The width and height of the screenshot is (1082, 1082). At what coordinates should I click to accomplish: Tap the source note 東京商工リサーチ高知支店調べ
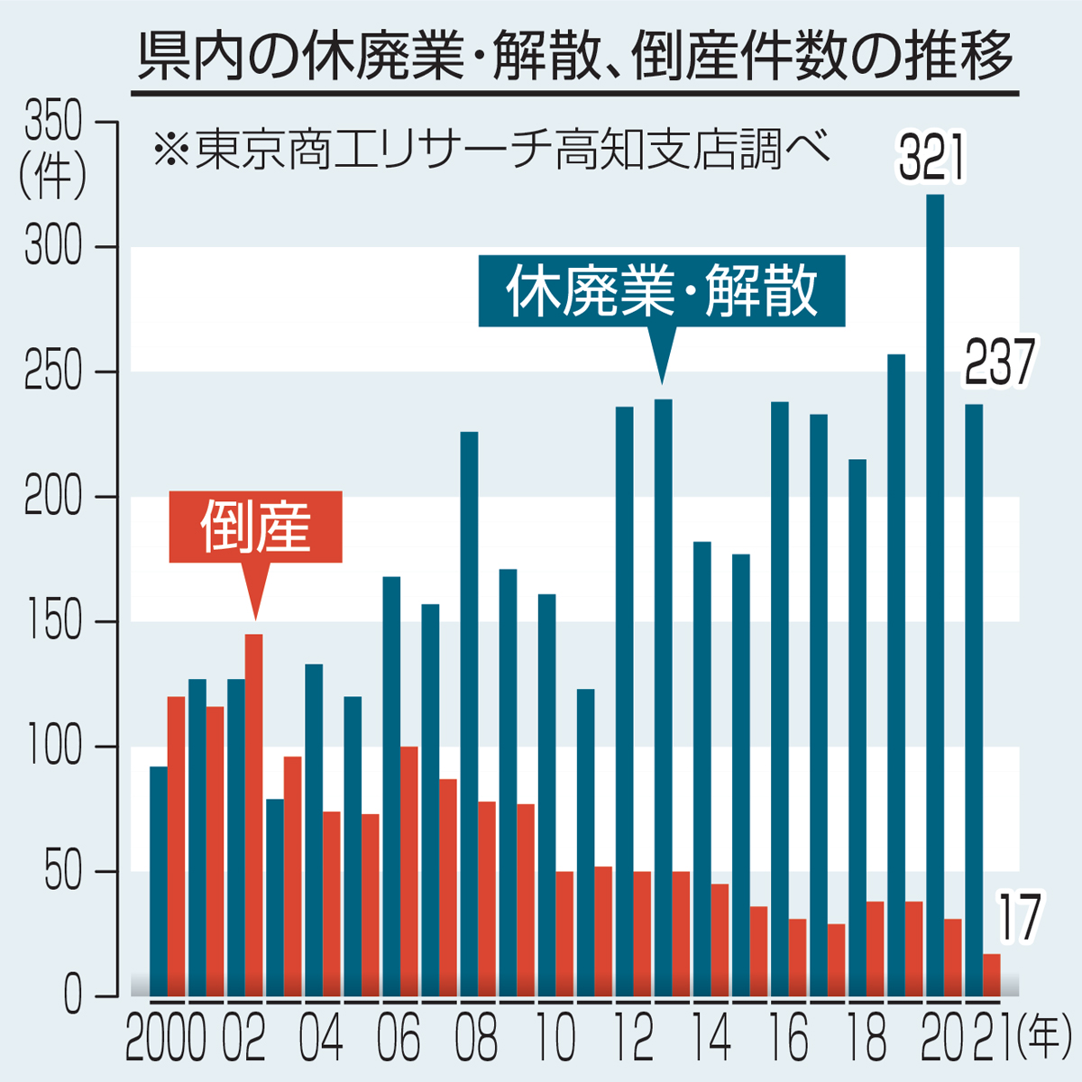pos(491,149)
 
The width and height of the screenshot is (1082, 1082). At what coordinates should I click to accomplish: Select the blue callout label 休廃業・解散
pos(662,291)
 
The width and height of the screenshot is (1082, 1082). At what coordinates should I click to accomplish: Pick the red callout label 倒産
pos(255,527)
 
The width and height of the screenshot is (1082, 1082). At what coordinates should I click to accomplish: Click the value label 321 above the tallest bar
pos(932,159)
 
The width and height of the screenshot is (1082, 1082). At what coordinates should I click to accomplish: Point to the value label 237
pos(999,363)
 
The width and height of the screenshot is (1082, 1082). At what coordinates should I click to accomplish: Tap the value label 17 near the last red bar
pos(1019,918)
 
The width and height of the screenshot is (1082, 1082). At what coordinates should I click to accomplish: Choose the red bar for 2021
pos(992,975)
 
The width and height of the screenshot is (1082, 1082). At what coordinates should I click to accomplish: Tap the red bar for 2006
pos(409,871)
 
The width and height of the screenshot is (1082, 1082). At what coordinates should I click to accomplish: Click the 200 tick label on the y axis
pos(53,498)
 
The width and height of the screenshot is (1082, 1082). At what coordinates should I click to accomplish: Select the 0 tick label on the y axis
pos(72,997)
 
